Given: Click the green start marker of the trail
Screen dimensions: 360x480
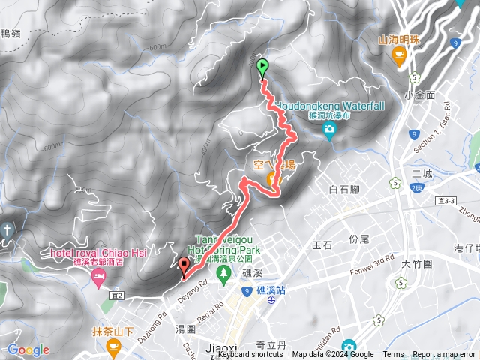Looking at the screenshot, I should (x=262, y=68).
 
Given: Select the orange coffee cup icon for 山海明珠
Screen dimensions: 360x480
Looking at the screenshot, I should (x=399, y=54).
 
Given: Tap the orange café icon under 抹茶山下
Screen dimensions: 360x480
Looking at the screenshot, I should (x=114, y=346).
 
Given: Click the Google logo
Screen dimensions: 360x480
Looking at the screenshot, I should (x=28, y=349).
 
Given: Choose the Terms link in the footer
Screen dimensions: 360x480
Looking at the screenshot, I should (x=393, y=355).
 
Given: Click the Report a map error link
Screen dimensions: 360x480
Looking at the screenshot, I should (x=444, y=355).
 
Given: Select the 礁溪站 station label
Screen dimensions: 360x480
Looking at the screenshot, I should (x=271, y=289).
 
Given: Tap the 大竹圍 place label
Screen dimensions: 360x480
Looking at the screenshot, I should (x=415, y=264).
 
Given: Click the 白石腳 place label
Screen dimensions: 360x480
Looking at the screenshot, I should (x=345, y=190).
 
